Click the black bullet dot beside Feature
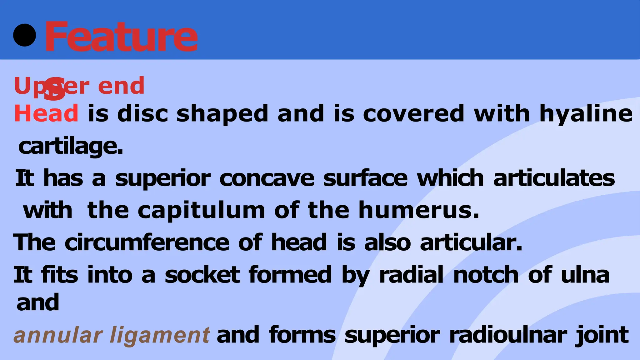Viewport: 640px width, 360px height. [25, 35]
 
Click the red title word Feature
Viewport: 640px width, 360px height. [121, 37]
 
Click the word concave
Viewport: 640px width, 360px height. [267, 178]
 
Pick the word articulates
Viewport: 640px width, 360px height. [554, 178]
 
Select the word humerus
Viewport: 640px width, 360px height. [419, 210]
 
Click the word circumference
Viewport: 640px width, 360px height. [147, 242]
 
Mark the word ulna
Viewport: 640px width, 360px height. [585, 275]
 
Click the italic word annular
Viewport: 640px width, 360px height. [58, 335]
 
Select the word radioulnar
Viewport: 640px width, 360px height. [508, 335]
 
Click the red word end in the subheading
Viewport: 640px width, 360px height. [121, 86]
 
